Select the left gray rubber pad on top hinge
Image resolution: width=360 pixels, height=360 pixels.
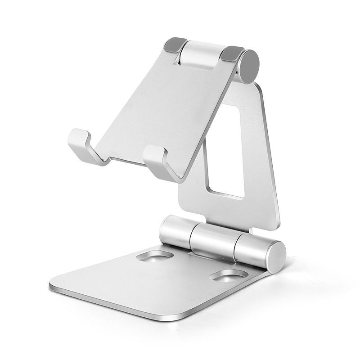click(175, 45)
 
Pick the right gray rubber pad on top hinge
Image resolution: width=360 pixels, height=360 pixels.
click(232, 54)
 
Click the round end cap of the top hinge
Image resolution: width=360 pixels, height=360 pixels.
click(249, 66)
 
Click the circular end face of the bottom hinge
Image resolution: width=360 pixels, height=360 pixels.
click(275, 257)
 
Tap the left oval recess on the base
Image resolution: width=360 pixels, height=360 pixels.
click(154, 256)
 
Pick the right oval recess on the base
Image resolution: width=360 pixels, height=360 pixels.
click(228, 275)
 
